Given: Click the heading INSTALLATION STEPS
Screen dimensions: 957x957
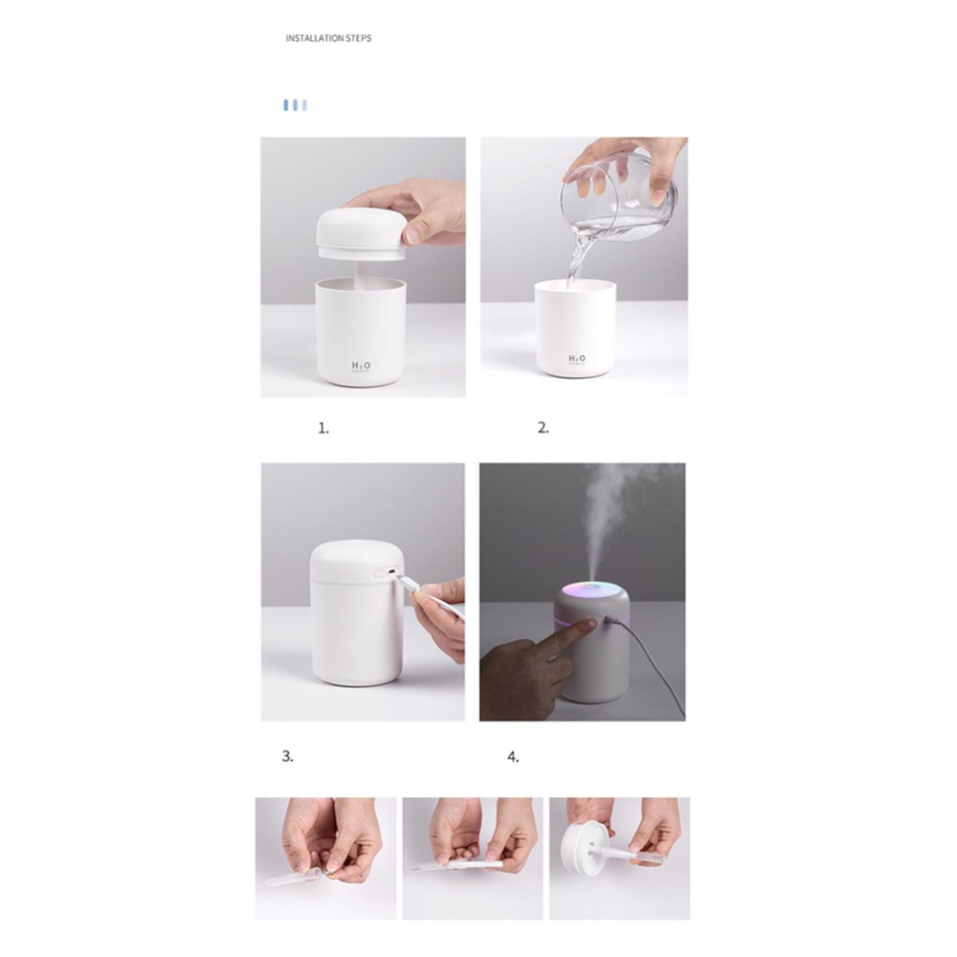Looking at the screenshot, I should click(x=328, y=38).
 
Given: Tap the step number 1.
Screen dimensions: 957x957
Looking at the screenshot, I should click(x=323, y=429).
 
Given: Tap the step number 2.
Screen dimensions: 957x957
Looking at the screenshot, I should click(x=543, y=429).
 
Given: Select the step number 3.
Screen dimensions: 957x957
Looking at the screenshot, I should click(x=287, y=756).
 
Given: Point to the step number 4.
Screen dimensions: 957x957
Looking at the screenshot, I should click(x=513, y=757).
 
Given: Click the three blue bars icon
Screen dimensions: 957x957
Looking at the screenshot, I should click(x=295, y=104).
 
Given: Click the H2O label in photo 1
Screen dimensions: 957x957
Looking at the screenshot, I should click(x=361, y=367).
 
